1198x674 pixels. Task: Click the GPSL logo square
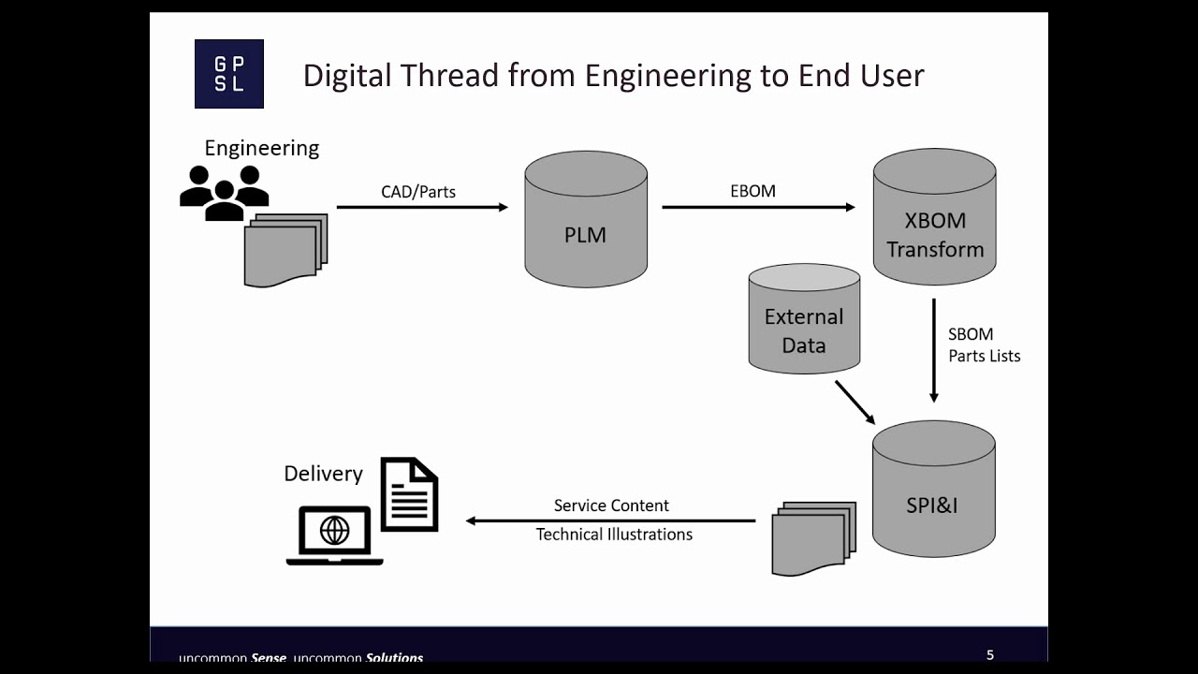[229, 74]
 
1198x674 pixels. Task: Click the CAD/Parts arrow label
[418, 192]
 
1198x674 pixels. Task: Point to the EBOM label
[752, 191]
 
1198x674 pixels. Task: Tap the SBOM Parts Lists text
[983, 344]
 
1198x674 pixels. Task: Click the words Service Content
[611, 505]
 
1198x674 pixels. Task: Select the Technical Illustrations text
[614, 535]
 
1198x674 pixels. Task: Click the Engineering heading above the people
[262, 148]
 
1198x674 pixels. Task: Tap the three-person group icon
[225, 192]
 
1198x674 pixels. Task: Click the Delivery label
[323, 474]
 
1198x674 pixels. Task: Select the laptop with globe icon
[334, 535]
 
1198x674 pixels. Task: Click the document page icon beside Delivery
[409, 494]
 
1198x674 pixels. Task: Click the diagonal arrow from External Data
[855, 402]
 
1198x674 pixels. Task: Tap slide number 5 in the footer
[990, 655]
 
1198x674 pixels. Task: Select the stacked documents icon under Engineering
[285, 250]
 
